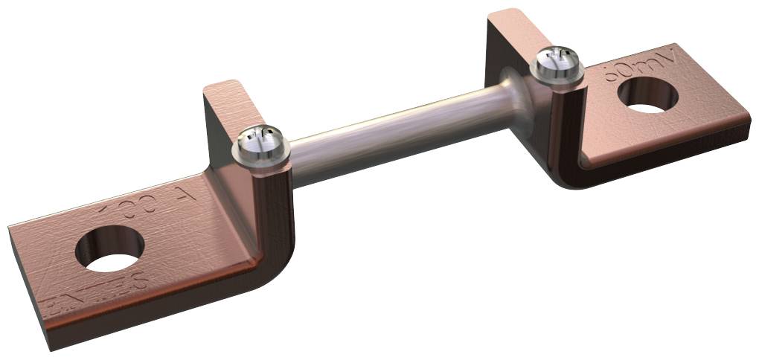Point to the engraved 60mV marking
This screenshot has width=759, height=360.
(641, 63)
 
